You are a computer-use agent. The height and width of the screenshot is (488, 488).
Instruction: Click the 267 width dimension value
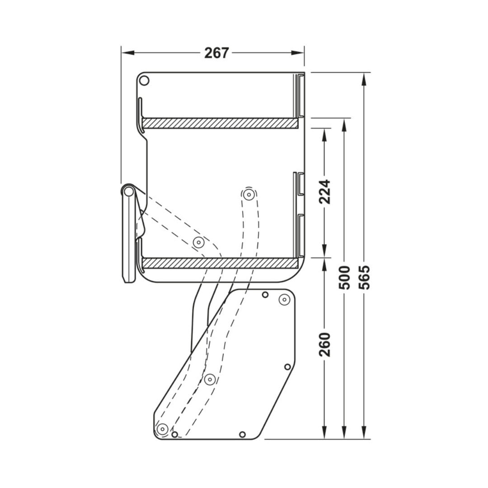coord(217,53)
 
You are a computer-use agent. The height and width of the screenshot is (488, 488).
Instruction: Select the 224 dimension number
coord(325,192)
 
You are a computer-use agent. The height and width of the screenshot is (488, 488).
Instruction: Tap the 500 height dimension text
coord(344,277)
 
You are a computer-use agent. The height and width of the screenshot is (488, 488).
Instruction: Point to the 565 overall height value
coord(364,277)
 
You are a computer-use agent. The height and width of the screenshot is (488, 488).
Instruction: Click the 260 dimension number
coord(325,344)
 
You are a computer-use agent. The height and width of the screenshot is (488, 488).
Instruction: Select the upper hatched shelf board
coord(220,123)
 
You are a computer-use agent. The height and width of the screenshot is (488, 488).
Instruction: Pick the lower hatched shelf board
coord(220,263)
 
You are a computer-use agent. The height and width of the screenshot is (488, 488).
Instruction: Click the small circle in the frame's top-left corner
coord(144,81)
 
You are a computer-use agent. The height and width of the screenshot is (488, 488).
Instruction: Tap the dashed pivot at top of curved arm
coord(248,195)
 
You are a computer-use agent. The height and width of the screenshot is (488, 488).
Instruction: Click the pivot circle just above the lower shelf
coord(198,243)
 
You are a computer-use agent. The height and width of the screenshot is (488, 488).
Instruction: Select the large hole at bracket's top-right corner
coord(284,299)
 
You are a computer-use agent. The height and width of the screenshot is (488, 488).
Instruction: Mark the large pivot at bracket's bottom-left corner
coord(162,428)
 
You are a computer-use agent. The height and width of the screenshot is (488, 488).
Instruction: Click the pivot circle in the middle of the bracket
coord(209,379)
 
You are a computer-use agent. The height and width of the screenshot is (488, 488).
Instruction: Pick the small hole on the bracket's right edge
coord(287,366)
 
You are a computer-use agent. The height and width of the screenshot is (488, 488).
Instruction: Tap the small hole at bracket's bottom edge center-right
coord(242,434)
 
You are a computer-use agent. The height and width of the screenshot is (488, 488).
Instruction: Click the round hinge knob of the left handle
coord(129,192)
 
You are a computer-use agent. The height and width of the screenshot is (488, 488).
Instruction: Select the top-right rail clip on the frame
coord(300,95)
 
